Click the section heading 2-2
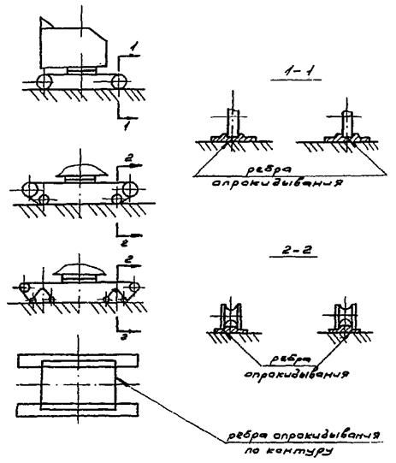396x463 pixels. coord(295,251)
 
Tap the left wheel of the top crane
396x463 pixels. coord(44,81)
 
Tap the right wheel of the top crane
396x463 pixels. coord(119,81)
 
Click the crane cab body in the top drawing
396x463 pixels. coord(74,48)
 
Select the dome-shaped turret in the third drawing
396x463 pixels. coord(79,269)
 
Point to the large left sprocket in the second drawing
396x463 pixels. coord(30,190)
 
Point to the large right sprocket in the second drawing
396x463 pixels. coord(130,189)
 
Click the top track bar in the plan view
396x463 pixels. coord(78,360)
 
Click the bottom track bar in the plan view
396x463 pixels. coord(77,410)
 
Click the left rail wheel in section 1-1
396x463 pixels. coord(233,123)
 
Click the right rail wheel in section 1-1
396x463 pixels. coord(346,124)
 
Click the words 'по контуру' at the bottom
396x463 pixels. coord(288,452)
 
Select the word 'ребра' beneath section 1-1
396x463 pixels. coord(269,169)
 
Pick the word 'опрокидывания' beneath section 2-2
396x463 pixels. coord(296,374)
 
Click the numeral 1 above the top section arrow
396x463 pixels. coord(134,47)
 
